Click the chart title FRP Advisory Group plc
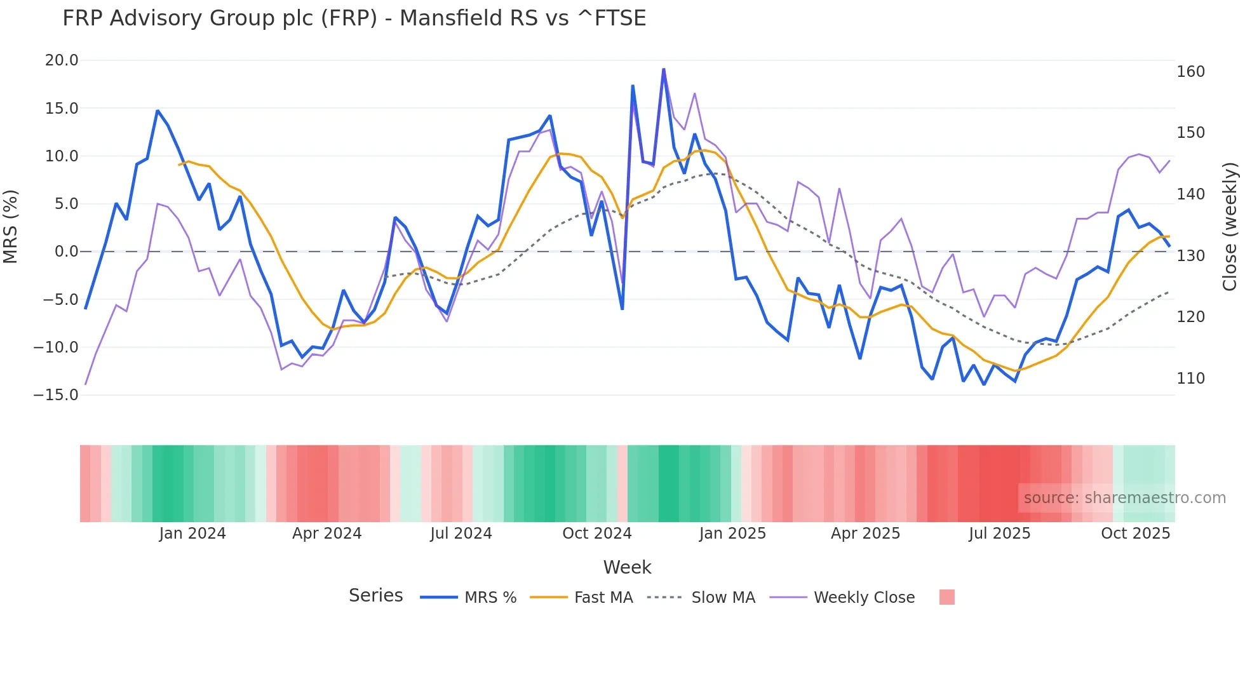click(x=354, y=18)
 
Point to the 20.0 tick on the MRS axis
click(x=62, y=60)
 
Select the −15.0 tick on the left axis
click(x=56, y=395)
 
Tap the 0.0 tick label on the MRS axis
click(x=66, y=252)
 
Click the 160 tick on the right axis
click(x=1190, y=72)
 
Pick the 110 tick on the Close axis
click(x=1190, y=379)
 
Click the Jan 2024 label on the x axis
click(x=192, y=534)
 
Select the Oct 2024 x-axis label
click(x=597, y=534)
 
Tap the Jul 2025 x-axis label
click(x=999, y=534)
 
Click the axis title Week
click(x=627, y=567)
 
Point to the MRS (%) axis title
click(x=11, y=227)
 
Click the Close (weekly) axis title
click(x=1230, y=227)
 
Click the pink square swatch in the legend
click(x=946, y=597)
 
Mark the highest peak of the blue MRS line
click(x=663, y=69)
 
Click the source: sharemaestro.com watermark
click(x=1124, y=498)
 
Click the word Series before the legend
click(x=375, y=596)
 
